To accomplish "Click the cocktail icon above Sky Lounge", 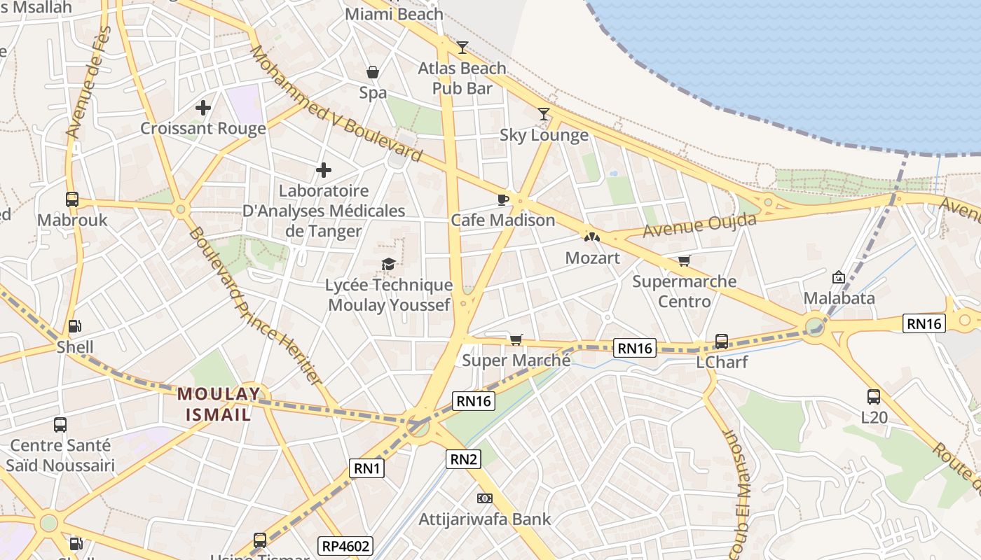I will [x=544, y=113].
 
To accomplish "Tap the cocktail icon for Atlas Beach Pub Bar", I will [x=462, y=47].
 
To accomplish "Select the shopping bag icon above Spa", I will [x=373, y=72].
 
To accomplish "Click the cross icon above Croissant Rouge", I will [x=203, y=108].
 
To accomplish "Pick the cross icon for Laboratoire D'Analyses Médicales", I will [x=324, y=170].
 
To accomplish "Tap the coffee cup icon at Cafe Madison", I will [x=502, y=199].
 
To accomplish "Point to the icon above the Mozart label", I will [x=592, y=237].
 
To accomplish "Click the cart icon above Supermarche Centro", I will [x=684, y=261].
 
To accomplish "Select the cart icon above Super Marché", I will [x=516, y=340].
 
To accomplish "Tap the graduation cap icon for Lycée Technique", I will [x=388, y=264].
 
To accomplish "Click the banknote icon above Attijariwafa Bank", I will [x=484, y=498].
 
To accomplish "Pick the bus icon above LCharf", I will [x=722, y=342].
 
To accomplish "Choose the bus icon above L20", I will [x=874, y=397].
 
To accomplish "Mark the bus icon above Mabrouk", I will [x=72, y=199].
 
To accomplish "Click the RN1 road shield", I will [x=366, y=468].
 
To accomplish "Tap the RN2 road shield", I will [x=464, y=459].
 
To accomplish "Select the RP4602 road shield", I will [x=345, y=546].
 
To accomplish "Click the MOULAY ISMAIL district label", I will [x=219, y=404].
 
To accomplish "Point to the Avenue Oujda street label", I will [x=699, y=225].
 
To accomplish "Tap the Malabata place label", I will [x=839, y=298].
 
